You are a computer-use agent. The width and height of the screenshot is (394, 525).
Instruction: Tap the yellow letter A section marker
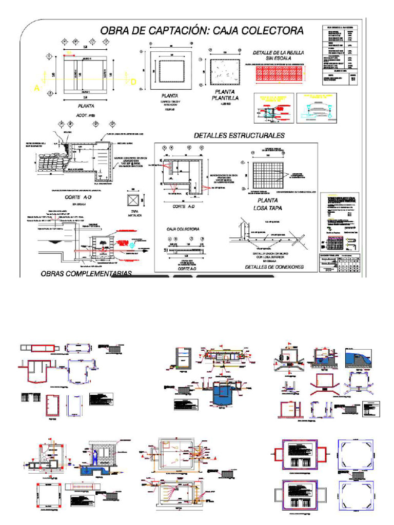37,88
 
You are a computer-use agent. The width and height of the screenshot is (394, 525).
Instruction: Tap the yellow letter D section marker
133,82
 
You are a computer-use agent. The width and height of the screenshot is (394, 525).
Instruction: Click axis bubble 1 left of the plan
49,56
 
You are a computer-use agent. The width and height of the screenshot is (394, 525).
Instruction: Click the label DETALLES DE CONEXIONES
274,267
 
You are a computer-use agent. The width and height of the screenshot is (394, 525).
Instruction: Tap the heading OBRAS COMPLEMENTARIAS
85,273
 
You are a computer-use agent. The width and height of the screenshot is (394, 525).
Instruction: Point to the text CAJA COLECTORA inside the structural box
183,229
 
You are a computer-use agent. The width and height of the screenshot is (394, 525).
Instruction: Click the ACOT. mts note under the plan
86,115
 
